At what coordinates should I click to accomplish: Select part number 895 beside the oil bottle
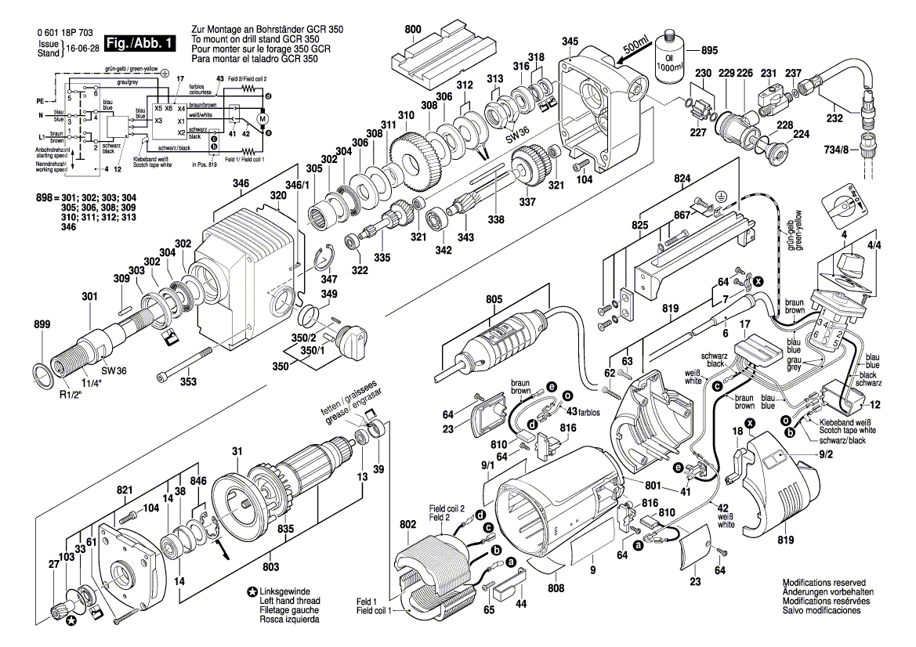tap(708, 50)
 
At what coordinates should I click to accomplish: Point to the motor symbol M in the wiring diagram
tap(263, 118)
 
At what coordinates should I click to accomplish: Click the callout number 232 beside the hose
tap(835, 120)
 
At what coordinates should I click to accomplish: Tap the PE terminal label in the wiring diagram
tap(41, 101)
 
